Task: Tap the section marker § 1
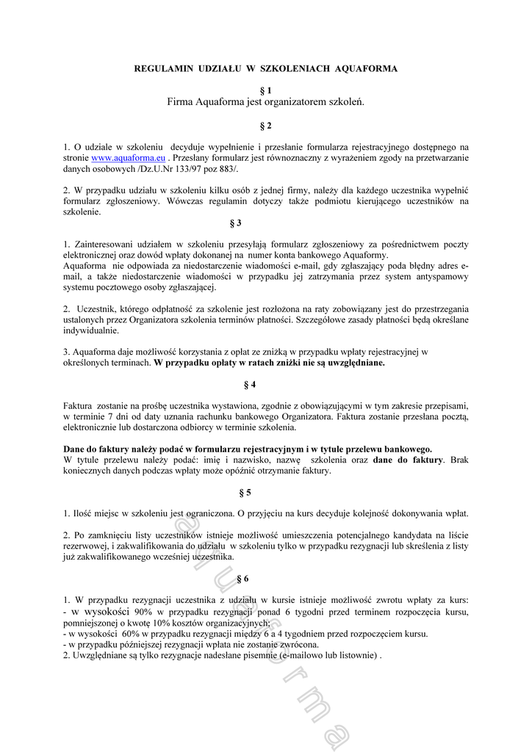point(265,90)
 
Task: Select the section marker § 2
point(265,126)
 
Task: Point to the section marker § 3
point(236,222)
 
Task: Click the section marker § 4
point(251,384)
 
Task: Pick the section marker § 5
point(245,491)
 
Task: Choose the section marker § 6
point(243,579)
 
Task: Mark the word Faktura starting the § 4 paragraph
point(77,405)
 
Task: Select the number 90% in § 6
point(143,612)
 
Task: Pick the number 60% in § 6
point(131,634)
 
